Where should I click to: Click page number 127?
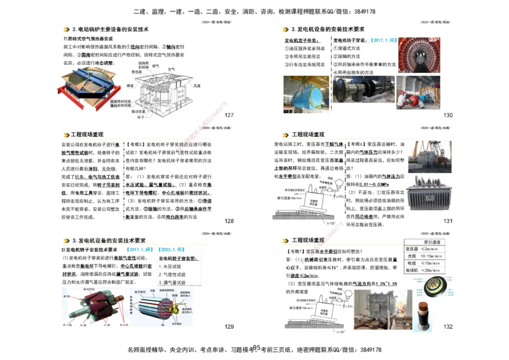(x=229, y=115)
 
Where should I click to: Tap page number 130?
(x=448, y=115)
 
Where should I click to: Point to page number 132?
(x=448, y=326)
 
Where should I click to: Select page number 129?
(x=229, y=326)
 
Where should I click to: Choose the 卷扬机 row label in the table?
(x=412, y=270)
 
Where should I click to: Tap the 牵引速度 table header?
(x=435, y=242)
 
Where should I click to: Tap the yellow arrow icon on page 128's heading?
(x=66, y=135)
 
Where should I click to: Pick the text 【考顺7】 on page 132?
(x=296, y=252)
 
